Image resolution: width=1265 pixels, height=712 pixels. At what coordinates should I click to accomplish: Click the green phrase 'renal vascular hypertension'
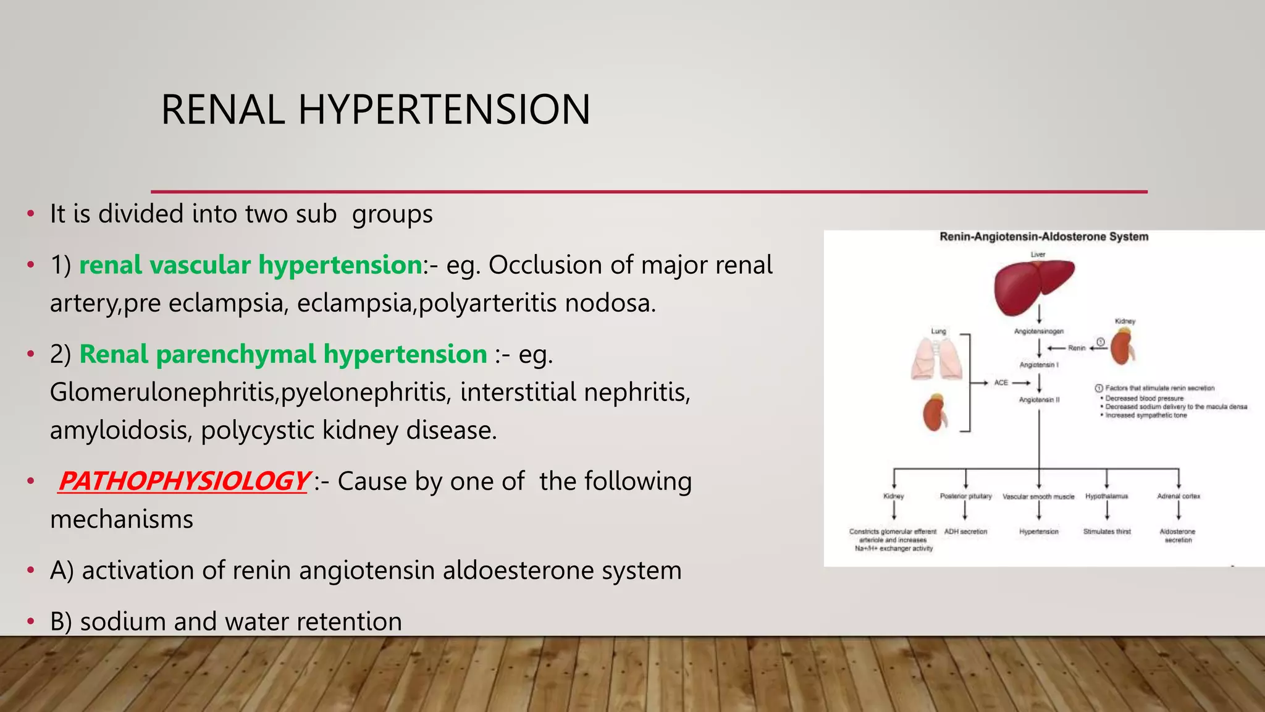click(x=250, y=265)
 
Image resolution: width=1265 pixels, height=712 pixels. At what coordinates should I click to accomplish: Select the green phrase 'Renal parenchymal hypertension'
click(x=283, y=354)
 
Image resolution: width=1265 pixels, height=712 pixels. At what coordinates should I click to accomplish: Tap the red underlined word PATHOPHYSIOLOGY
click(x=183, y=481)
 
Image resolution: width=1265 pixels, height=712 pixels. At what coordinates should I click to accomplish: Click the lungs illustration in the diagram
click(x=937, y=359)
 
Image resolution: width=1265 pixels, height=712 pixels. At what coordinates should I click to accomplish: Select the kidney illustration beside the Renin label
click(x=1122, y=348)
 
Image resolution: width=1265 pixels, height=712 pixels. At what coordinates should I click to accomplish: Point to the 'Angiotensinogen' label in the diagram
click(x=1039, y=332)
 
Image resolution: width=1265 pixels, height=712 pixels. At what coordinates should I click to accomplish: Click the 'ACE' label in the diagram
click(x=1001, y=383)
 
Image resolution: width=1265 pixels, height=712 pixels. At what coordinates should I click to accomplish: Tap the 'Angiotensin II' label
click(x=1039, y=400)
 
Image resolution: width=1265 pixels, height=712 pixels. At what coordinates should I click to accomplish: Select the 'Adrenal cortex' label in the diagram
click(x=1178, y=496)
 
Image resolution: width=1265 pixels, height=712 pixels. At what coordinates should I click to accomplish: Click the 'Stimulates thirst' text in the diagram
click(x=1107, y=532)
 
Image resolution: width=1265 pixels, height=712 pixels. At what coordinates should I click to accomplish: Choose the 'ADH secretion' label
click(x=965, y=532)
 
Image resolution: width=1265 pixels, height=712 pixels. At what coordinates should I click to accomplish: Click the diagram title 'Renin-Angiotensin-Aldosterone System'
click(x=1044, y=237)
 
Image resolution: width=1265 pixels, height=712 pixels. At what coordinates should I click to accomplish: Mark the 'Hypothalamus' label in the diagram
click(x=1106, y=496)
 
